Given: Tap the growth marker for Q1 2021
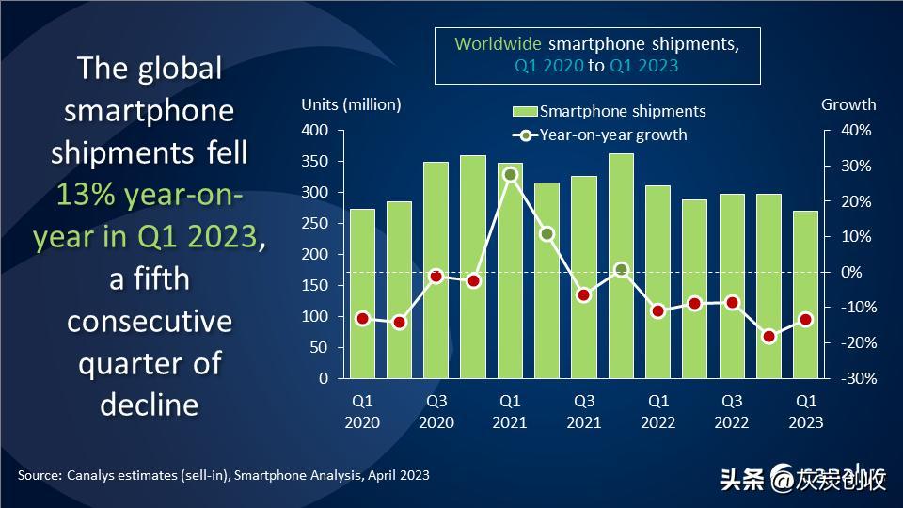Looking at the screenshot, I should click(511, 175).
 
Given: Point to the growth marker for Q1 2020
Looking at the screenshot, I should click(362, 319).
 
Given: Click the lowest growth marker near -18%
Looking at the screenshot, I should click(769, 336).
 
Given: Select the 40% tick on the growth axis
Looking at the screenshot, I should click(856, 130).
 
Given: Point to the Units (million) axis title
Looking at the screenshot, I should click(351, 104).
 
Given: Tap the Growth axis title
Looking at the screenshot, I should click(848, 104).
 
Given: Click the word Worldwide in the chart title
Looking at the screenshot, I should click(498, 44).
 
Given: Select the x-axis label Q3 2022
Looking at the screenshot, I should click(732, 411).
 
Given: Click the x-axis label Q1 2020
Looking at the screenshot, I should click(362, 411).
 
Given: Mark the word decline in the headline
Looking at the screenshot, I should click(150, 405).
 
